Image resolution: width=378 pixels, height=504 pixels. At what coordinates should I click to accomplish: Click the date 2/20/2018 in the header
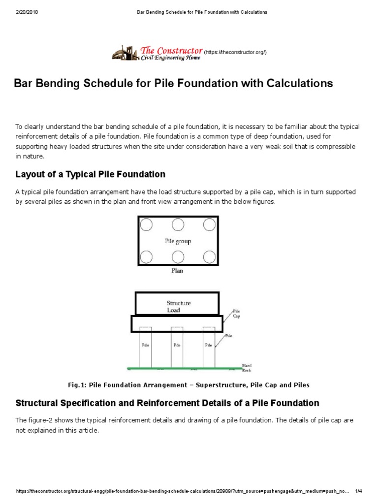27,12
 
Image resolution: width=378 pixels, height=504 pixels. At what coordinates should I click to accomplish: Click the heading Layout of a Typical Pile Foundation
90,174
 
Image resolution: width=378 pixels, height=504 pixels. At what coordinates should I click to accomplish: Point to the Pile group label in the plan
178,241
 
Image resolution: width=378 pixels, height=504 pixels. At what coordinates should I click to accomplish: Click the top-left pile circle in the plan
146,225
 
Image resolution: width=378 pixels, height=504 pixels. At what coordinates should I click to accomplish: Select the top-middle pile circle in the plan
178,225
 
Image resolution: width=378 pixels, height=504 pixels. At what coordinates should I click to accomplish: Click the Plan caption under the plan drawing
177,271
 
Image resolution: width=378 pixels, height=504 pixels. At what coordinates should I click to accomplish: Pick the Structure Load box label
178,307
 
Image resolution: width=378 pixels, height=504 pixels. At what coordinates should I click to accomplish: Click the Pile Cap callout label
236,314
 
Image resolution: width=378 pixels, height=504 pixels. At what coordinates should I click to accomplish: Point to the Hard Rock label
247,367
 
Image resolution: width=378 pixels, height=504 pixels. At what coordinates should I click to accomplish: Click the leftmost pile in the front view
145,347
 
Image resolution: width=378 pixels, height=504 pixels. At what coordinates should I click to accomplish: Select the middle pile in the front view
177,347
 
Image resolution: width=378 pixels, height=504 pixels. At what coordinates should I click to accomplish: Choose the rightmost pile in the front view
209,347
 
